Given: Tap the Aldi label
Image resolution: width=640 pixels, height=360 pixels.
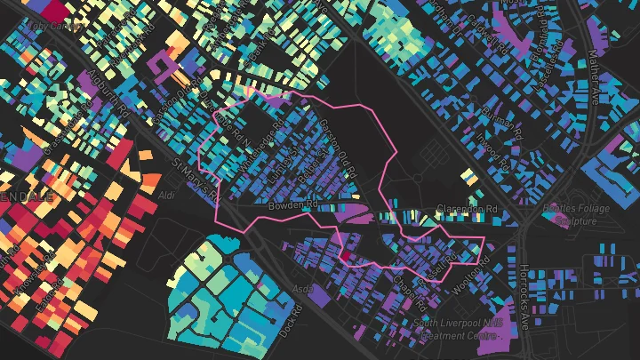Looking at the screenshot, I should pos(166,193).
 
